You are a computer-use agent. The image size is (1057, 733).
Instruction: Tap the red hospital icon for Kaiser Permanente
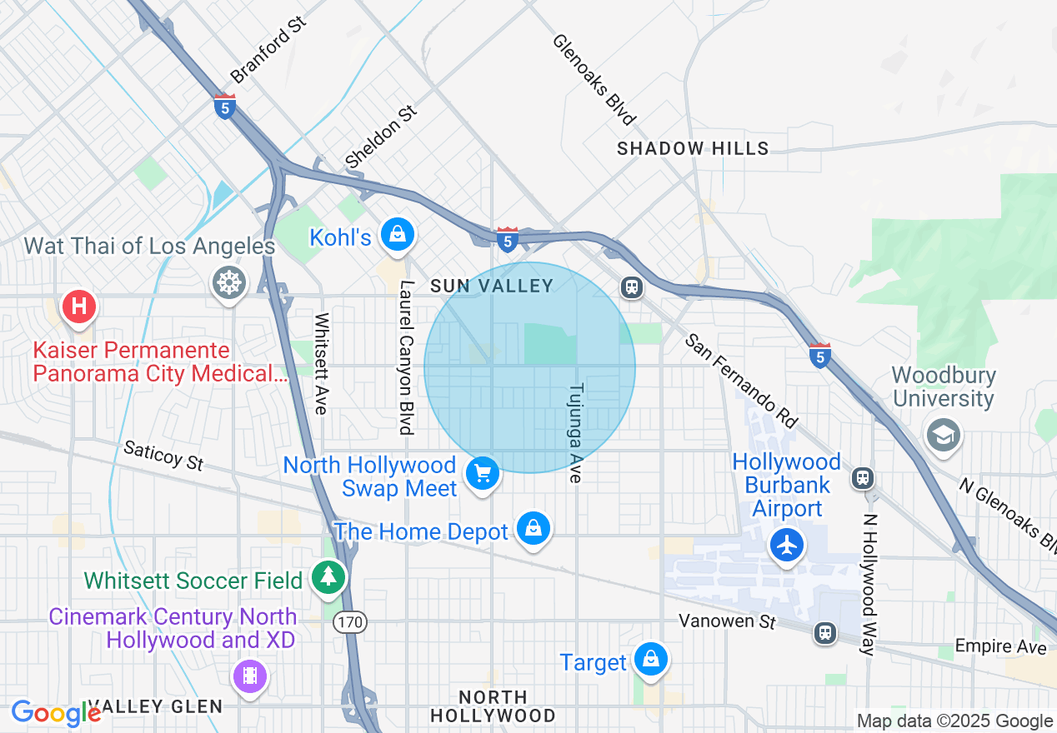click(x=78, y=306)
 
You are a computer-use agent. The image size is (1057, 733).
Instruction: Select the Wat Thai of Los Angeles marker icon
click(x=228, y=283)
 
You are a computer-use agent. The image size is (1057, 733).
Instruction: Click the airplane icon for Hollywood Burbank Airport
click(x=787, y=546)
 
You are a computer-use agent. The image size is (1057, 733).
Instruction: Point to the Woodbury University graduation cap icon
click(x=944, y=435)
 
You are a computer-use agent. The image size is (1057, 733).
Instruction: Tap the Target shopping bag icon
click(x=650, y=659)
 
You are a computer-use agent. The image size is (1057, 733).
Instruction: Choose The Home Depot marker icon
click(x=533, y=528)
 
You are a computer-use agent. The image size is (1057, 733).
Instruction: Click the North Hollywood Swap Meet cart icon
click(x=482, y=474)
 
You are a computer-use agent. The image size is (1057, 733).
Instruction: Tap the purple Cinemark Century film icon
click(x=250, y=676)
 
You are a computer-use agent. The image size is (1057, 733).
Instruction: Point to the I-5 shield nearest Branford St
click(x=224, y=107)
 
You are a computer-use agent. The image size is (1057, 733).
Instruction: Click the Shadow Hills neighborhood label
click(x=693, y=148)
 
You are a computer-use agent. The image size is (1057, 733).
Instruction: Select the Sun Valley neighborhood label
click(x=491, y=286)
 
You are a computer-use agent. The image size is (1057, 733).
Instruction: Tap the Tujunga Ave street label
click(x=575, y=433)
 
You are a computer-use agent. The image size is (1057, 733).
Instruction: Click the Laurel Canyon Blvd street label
click(x=406, y=357)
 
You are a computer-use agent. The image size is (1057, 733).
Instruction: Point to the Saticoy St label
click(x=163, y=456)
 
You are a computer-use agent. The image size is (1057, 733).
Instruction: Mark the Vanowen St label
click(x=727, y=621)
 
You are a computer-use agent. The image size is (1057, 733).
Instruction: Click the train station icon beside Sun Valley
click(x=632, y=288)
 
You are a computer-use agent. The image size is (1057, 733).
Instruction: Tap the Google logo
click(x=56, y=713)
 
